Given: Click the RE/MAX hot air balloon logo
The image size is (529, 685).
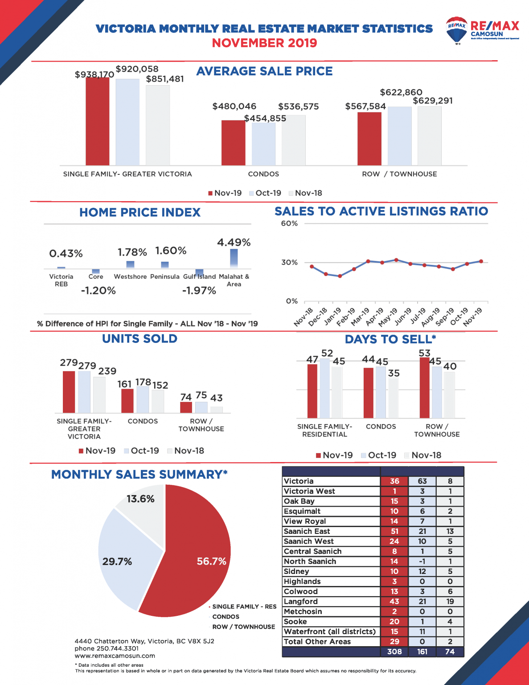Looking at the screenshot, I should point(456,30).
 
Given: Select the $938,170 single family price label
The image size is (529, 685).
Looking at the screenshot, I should point(94,74).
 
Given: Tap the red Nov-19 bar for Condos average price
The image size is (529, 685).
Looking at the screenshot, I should point(233,143).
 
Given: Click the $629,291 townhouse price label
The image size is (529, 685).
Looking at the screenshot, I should point(433,101).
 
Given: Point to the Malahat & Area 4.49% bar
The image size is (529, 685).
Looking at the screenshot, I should point(234,258).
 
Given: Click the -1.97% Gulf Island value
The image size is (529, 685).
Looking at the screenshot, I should point(199,291).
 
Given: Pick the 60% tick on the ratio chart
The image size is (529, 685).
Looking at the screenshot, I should point(289,223).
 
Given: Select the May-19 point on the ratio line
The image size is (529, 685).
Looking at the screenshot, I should point(396,260).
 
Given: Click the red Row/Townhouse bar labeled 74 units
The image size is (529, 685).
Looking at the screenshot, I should point(186,407).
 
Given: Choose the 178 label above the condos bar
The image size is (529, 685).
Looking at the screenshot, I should point(143,382).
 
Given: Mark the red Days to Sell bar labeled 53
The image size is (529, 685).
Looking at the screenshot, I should point(425,387).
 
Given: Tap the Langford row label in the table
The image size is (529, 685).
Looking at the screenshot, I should point(301,602).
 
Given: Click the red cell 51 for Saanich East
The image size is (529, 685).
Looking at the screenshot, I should point(394,531).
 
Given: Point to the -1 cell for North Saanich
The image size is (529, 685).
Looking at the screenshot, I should point(422,561).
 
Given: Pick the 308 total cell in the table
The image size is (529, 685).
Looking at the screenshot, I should point(394,652).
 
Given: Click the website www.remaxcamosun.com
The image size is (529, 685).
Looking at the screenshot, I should point(115,656).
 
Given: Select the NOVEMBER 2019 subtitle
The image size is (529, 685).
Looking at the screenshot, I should point(264,43).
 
